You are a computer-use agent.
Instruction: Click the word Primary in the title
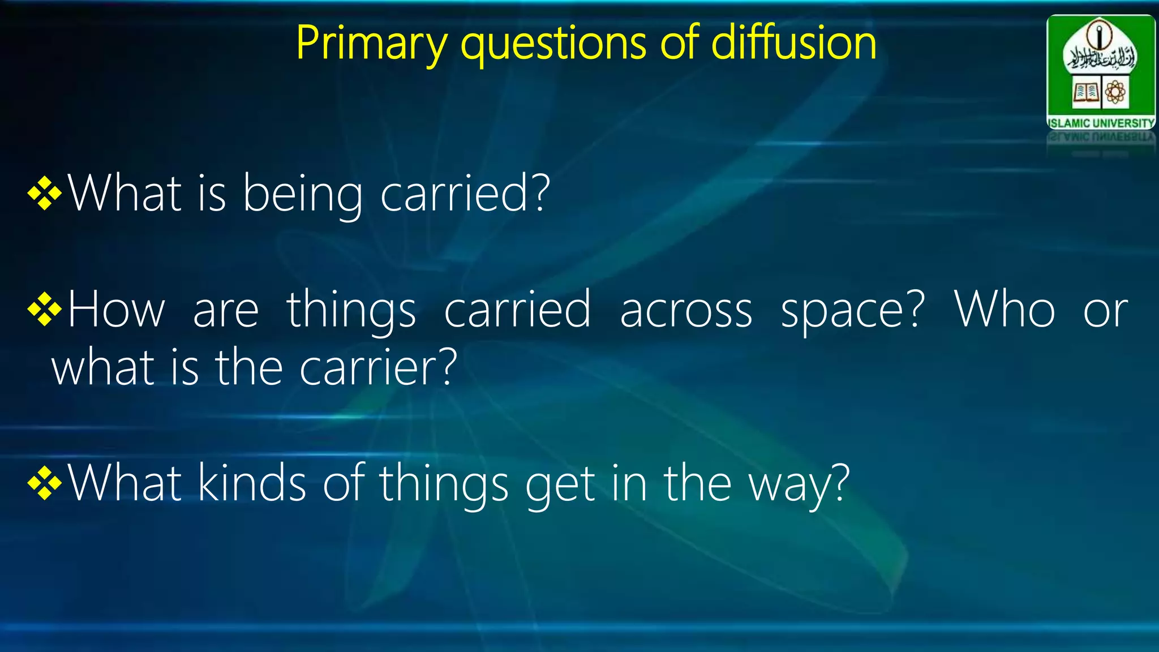[371, 44]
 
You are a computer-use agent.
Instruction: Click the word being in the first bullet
[303, 195]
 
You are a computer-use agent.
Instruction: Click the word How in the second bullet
[116, 310]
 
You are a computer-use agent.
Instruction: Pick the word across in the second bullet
[686, 310]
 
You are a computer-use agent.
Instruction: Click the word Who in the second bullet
[1005, 310]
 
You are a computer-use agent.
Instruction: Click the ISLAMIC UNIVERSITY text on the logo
[1101, 123]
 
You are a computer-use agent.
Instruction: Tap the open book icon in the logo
[1086, 92]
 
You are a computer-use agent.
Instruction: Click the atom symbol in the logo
[1115, 92]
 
